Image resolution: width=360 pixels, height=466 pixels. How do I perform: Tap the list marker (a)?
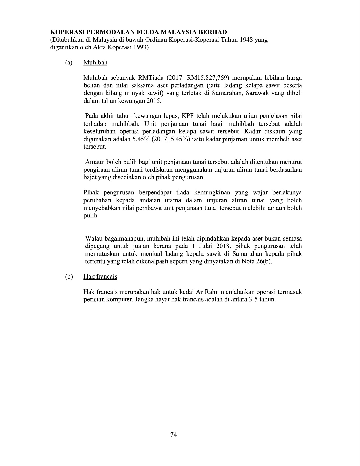pyautogui.click(x=69, y=63)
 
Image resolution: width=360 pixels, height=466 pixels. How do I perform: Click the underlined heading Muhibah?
pyautogui.click(x=95, y=63)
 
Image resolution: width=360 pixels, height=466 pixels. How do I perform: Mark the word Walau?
pyautogui.click(x=93, y=238)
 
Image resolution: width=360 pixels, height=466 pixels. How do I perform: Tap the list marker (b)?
pyautogui.click(x=69, y=277)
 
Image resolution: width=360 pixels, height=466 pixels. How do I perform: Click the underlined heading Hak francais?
pyautogui.click(x=100, y=277)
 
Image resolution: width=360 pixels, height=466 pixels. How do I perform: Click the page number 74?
pyautogui.click(x=174, y=435)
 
